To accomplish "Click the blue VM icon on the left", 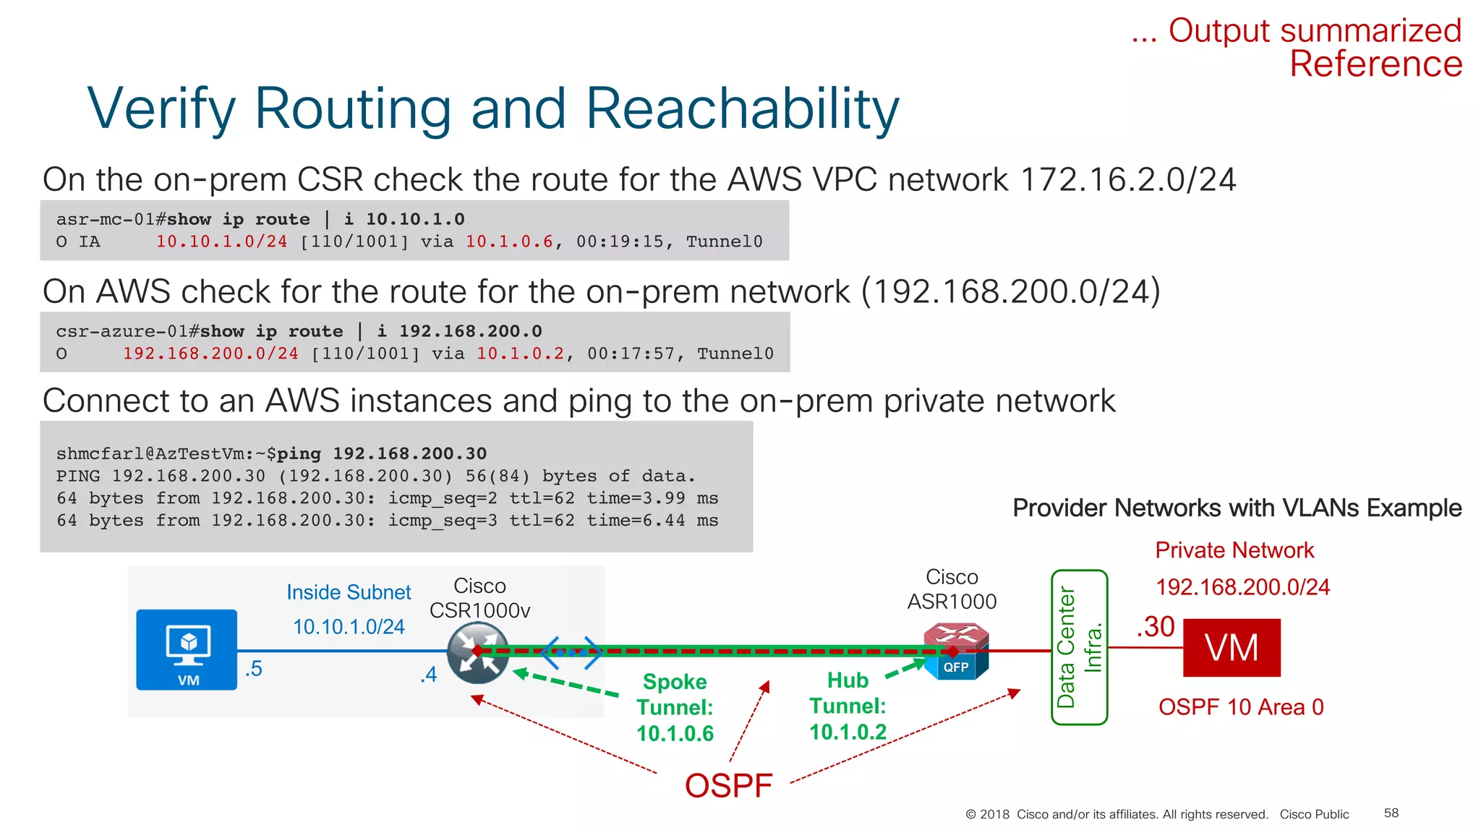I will pos(187,649).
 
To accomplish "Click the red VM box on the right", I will pos(1231,647).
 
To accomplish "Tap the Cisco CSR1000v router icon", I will pos(477,653).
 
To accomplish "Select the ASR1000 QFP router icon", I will pos(956,652).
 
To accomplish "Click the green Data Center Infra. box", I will pos(1078,647).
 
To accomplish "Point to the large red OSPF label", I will pos(728,785).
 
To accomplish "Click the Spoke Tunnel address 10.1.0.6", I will pos(675,733).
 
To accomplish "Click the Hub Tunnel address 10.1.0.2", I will pos(848,732).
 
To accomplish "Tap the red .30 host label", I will pos(1155,627).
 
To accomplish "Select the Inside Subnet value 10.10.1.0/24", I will pos(349,627).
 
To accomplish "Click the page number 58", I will pos(1391,813).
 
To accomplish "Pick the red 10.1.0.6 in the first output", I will pos(509,242).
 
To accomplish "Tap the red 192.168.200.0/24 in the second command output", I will pos(210,354).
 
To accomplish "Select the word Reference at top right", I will pos(1375,64).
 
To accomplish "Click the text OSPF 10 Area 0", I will pos(1241,706).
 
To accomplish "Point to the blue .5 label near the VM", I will pos(253,669).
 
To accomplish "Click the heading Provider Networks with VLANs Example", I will pos(1237,508).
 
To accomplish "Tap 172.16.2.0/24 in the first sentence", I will pos(1127,179).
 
